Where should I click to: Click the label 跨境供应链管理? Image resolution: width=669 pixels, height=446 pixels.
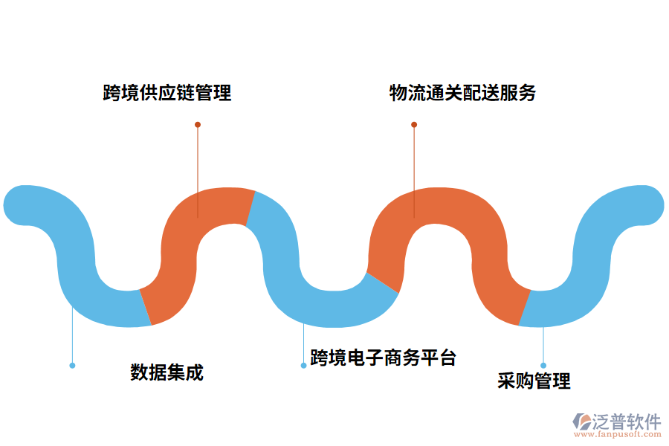[x=167, y=93]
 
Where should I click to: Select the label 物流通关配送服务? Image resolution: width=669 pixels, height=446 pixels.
[x=462, y=93]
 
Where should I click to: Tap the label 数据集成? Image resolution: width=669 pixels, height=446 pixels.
[x=167, y=372]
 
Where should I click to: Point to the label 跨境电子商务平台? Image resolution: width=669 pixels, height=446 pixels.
[x=383, y=358]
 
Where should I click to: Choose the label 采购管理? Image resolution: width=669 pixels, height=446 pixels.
[x=534, y=381]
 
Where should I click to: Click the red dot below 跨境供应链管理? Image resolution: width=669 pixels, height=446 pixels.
[x=198, y=124]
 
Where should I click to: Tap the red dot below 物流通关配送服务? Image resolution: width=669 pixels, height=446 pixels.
[x=414, y=124]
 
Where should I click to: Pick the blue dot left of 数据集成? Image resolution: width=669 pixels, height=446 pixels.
[x=72, y=365]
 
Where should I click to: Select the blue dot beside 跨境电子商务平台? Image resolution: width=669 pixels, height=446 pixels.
[x=303, y=365]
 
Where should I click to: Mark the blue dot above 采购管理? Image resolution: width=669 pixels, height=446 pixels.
[x=543, y=365]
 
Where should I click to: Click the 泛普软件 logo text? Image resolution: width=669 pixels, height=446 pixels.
[x=627, y=421]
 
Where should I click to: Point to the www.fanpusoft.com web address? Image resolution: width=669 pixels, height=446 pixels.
[x=616, y=436]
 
